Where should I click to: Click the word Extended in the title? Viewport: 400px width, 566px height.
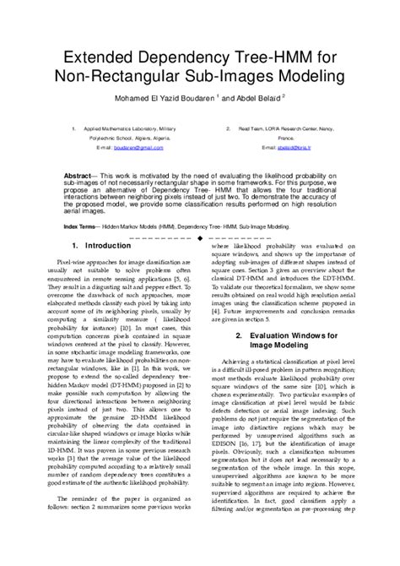tap(94, 60)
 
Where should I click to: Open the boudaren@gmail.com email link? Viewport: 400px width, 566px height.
tap(137, 147)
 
